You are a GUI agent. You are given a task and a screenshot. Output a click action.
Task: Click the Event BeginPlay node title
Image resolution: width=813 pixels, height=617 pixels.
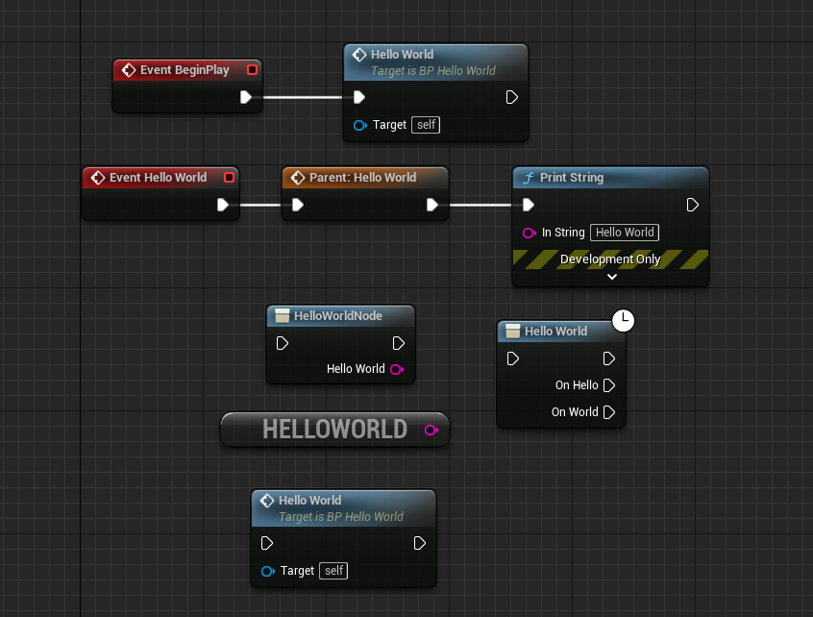[185, 70]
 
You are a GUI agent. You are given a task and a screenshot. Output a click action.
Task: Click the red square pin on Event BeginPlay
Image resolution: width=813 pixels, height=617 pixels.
[252, 70]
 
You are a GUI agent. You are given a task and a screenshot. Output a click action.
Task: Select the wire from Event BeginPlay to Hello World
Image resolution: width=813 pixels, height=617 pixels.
[303, 97]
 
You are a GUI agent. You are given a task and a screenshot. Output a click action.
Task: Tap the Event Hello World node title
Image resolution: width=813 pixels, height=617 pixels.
[158, 178]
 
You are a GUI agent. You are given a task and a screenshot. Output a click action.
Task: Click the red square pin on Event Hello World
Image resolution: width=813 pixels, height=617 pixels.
[229, 178]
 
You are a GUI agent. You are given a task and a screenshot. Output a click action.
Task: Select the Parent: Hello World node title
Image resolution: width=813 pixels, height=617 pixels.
[362, 178]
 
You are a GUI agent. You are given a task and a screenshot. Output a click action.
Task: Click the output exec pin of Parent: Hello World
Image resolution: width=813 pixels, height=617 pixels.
[432, 205]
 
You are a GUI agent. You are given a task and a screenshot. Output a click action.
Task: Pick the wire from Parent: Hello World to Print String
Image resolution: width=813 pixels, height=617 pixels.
[480, 205]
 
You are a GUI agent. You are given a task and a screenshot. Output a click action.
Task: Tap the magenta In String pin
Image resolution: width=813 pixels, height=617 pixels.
[529, 233]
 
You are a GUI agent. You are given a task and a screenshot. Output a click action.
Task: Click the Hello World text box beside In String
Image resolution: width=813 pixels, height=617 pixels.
[625, 233]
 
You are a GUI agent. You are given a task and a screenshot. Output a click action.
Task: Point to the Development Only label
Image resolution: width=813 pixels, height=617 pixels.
[610, 259]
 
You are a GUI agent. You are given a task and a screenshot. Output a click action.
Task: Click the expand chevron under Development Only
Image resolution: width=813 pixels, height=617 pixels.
[611, 277]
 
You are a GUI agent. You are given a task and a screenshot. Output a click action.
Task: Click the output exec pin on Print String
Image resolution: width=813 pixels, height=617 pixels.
[692, 205]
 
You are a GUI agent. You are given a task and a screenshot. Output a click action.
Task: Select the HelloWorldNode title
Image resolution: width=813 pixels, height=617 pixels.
[337, 316]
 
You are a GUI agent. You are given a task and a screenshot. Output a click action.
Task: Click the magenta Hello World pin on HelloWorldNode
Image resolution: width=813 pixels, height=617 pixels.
[396, 369]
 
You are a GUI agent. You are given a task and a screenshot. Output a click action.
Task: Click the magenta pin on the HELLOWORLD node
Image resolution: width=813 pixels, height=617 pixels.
[431, 430]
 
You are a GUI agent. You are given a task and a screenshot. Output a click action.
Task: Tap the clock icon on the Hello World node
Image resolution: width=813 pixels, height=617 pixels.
[624, 320]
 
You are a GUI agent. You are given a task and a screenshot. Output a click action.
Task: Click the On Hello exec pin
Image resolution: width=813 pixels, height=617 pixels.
[608, 385]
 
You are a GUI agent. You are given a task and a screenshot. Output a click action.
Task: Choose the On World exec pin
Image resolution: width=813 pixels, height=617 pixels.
[608, 412]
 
